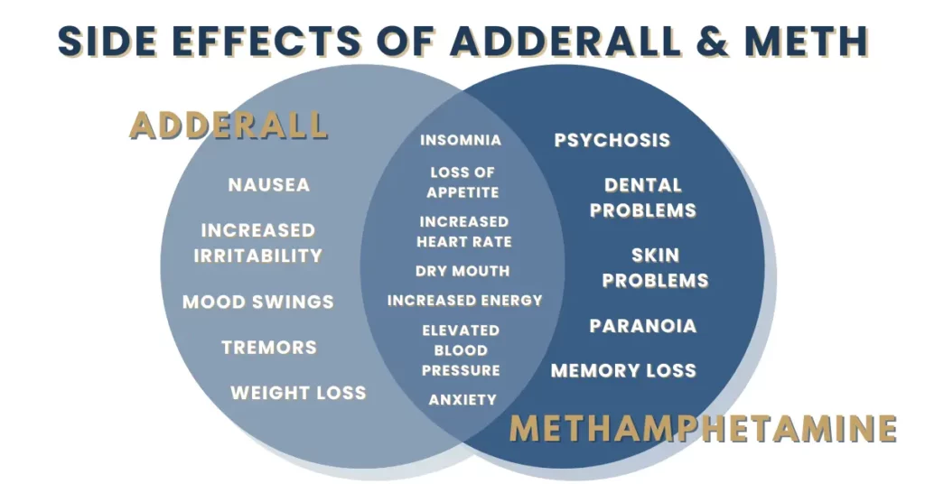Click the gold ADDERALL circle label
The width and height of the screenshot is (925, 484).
[x=229, y=125]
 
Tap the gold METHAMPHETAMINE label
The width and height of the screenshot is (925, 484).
[x=703, y=428]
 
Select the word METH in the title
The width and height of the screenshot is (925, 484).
[x=806, y=42]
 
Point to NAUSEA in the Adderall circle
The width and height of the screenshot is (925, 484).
[x=269, y=184]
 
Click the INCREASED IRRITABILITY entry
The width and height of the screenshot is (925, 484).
[x=257, y=242]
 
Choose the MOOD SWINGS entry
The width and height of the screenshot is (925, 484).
[x=257, y=302]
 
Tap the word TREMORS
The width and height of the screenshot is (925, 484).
[x=269, y=348]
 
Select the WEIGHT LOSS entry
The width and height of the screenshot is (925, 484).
[x=298, y=393]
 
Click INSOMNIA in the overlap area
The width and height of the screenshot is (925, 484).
[x=461, y=140]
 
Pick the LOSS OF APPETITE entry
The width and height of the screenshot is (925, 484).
[x=463, y=182]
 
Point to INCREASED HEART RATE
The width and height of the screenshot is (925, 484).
[x=464, y=232]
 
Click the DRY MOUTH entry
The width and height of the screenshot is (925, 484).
[x=462, y=271]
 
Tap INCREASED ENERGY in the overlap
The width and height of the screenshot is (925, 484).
[x=465, y=301]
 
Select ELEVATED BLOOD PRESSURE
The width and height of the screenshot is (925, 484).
[x=461, y=350]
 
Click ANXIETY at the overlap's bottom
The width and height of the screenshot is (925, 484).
[x=462, y=400]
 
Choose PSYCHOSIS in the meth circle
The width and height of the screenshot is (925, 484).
[x=612, y=140]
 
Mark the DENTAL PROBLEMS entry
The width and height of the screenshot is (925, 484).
[x=643, y=198]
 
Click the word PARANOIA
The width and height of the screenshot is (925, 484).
[x=643, y=325]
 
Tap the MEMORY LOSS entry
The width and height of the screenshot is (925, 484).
[x=623, y=370]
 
